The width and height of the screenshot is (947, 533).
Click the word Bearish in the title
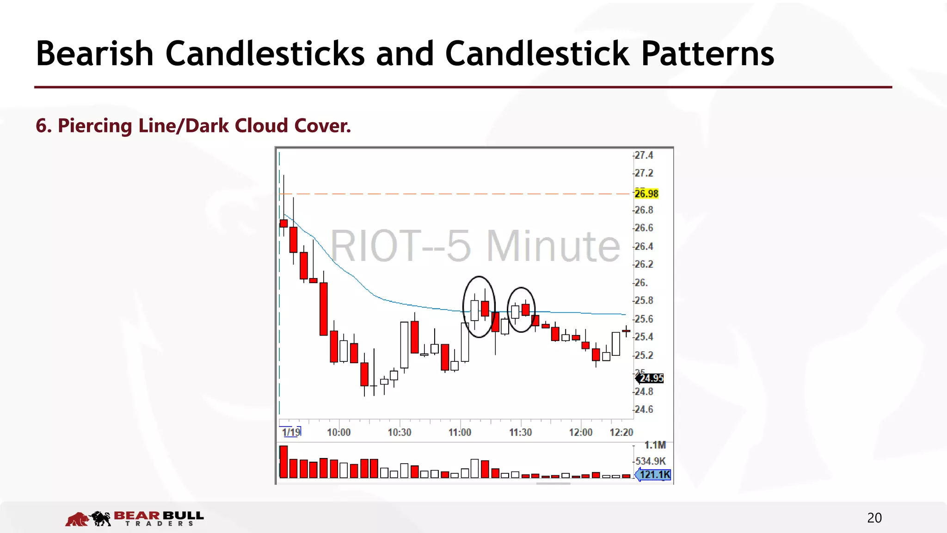[95, 53]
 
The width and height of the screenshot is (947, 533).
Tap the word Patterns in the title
[707, 53]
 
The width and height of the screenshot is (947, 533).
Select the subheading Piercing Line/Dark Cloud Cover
[193, 126]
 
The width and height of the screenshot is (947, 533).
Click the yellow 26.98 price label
[646, 193]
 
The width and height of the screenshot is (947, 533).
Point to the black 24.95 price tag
[651, 378]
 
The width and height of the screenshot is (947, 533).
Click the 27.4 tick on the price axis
[644, 155]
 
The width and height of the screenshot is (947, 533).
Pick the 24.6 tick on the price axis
[644, 409]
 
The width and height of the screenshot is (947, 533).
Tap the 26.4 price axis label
[644, 246]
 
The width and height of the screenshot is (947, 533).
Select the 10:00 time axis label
[338, 432]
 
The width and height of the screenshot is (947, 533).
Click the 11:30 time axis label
[520, 432]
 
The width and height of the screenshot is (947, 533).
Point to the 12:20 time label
[621, 432]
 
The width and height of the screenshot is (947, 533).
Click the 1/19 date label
[291, 432]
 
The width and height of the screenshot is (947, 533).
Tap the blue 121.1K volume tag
[654, 475]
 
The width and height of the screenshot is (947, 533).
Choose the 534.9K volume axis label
[651, 461]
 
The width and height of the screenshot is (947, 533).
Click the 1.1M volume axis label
[655, 445]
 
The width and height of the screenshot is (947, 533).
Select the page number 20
[874, 518]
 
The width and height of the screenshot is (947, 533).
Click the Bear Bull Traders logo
[134, 518]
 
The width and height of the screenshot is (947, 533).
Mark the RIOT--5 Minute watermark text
[475, 246]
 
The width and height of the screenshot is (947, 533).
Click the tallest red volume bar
[283, 462]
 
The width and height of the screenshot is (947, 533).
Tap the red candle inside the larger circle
[485, 308]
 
